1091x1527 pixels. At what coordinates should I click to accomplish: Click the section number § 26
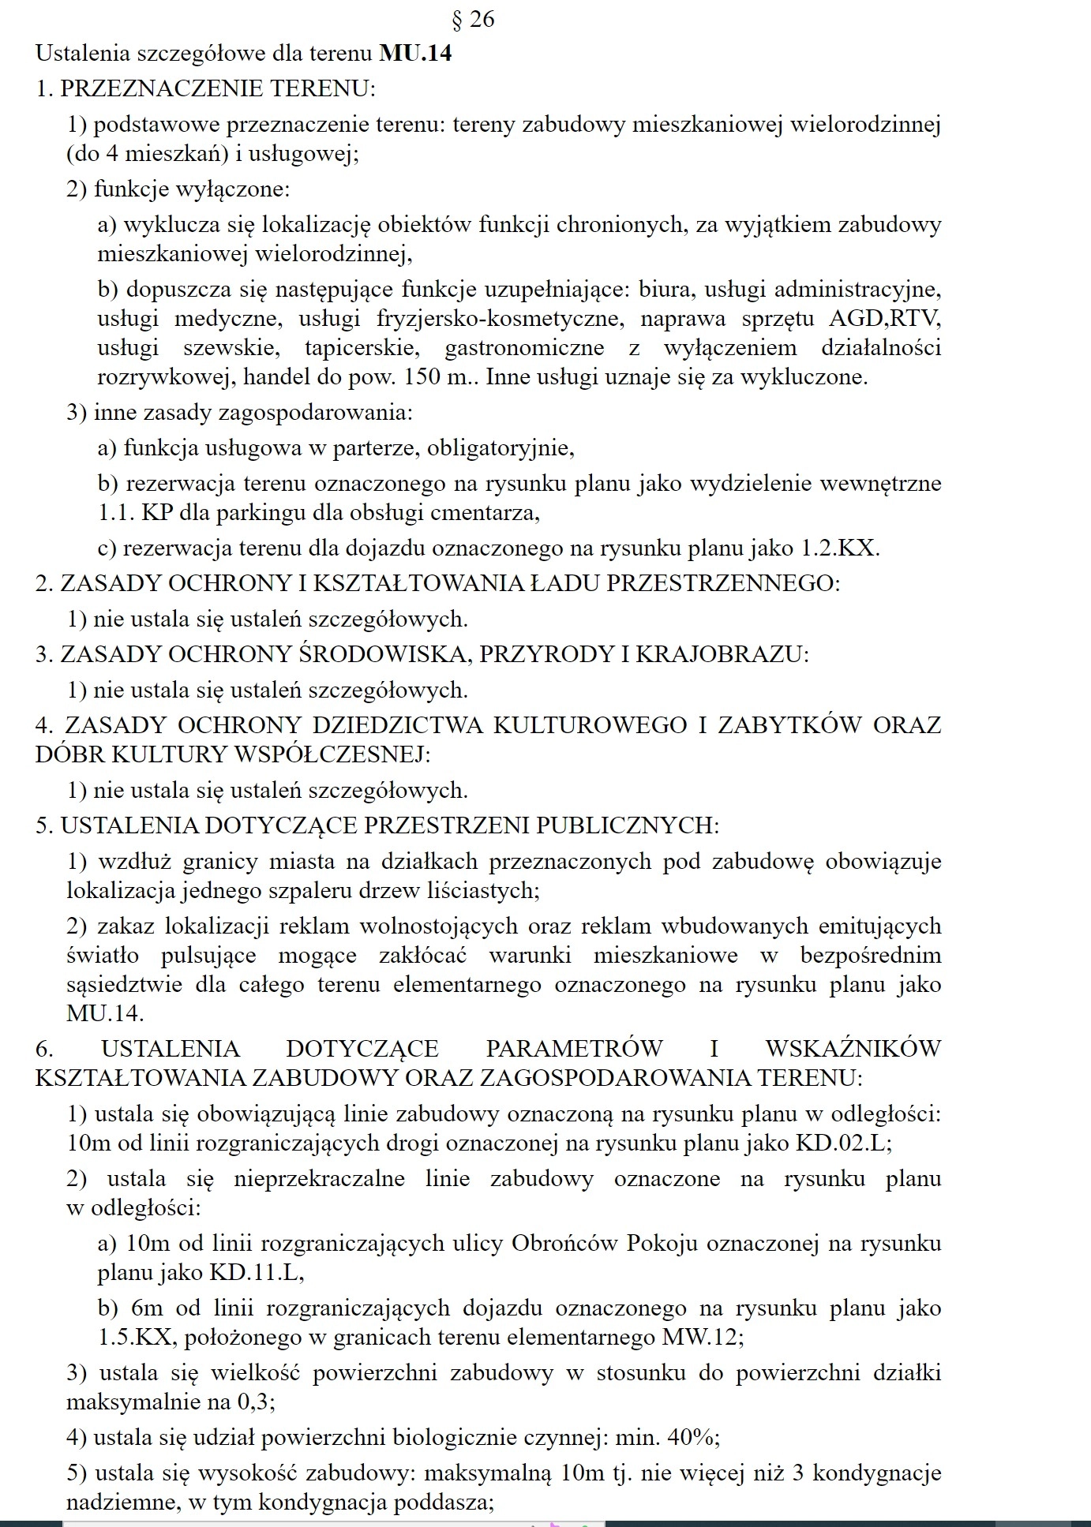click(471, 19)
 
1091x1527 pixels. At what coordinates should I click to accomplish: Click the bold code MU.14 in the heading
click(415, 54)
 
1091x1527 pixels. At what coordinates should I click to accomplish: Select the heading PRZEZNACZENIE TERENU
click(216, 88)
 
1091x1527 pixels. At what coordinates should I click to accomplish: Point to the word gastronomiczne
click(524, 348)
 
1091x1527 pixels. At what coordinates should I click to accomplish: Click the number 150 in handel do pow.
click(422, 377)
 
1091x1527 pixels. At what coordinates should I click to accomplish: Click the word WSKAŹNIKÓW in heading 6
click(853, 1049)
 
